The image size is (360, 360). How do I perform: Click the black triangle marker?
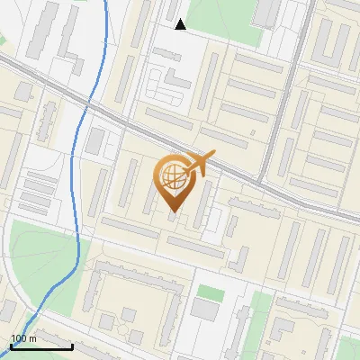click(180, 24)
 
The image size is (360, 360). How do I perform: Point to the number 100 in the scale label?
click(19, 338)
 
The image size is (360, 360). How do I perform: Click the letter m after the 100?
click(33, 338)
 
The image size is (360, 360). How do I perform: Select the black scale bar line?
click(41, 346)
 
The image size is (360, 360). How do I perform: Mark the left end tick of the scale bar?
click(11, 345)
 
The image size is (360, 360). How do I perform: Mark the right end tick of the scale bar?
click(72, 345)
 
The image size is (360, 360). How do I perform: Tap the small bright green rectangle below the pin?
click(211, 292)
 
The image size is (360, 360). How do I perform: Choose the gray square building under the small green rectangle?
click(205, 310)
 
